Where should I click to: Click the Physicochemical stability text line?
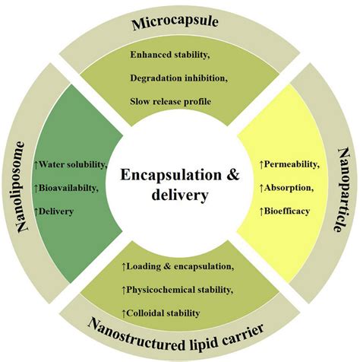coord(181,290)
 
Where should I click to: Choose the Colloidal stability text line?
coord(164,313)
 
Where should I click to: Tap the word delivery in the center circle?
coord(180,195)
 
